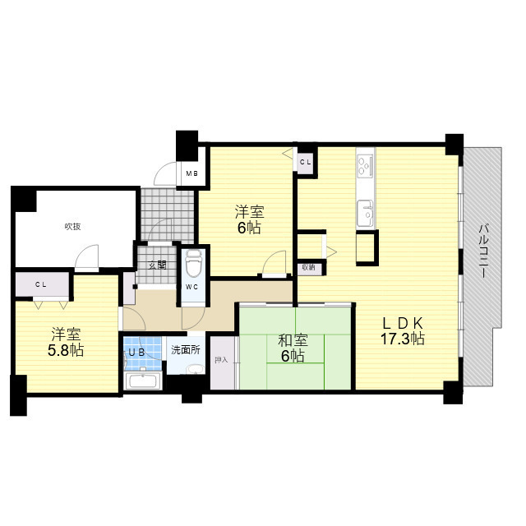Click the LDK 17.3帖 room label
point(403,331)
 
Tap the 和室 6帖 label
point(293,348)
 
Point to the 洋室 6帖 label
point(249,219)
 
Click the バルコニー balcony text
point(483,251)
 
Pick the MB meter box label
point(191,173)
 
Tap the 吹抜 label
point(72,227)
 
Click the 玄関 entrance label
point(157,265)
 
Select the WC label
point(192,287)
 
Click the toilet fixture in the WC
point(193,264)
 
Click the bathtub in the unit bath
point(143,381)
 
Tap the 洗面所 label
point(186,350)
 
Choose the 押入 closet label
point(221,360)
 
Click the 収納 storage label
point(309,267)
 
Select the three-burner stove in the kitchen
point(366,166)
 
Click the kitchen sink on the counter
point(365,214)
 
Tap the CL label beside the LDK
point(305,163)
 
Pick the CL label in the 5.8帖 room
point(41,285)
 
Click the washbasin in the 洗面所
point(196,369)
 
